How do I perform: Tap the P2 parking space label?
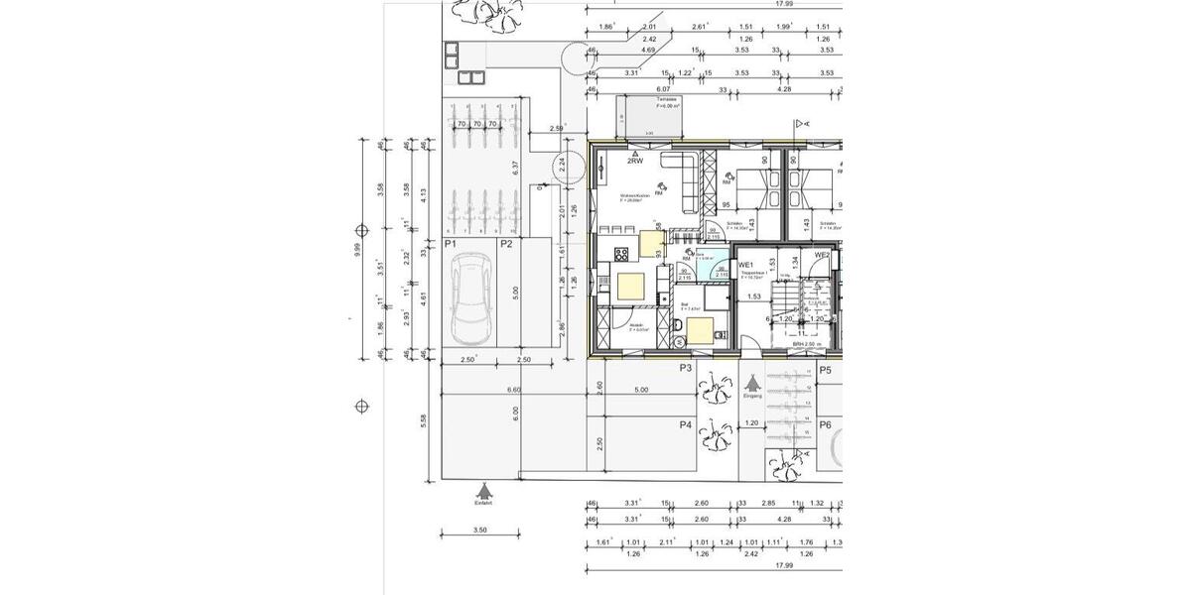point(506,243)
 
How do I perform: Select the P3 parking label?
point(685,368)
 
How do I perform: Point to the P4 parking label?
point(685,424)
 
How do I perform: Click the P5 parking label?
point(825,370)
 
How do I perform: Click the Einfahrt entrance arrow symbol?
point(482,490)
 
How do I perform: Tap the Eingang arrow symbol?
point(752,381)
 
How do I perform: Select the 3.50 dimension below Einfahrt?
point(479,531)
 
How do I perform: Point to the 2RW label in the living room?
point(634,161)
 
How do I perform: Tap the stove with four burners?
point(622,253)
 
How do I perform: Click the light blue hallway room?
point(712,271)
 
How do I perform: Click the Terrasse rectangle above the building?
point(651,117)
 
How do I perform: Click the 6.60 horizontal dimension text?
point(514,390)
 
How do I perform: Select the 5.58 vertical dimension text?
point(424,420)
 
